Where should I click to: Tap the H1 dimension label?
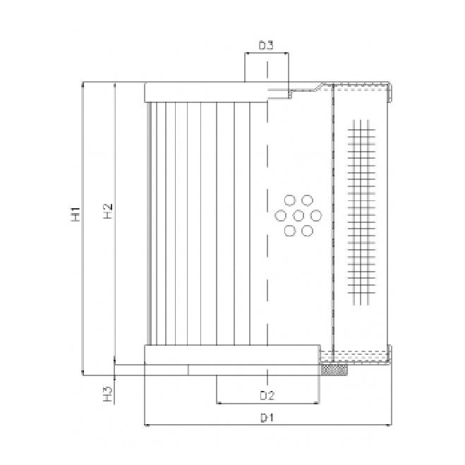(76, 215)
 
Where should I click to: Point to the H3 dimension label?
(107, 393)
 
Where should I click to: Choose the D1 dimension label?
(266, 418)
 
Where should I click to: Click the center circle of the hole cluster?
(298, 215)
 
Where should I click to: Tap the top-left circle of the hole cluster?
(289, 200)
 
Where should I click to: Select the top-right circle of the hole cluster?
(307, 200)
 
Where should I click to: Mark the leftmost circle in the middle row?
(281, 215)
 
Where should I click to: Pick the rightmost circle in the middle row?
(315, 215)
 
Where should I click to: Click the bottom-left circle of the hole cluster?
(289, 230)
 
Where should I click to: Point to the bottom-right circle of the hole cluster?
(307, 230)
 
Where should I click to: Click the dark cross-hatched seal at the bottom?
(334, 370)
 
